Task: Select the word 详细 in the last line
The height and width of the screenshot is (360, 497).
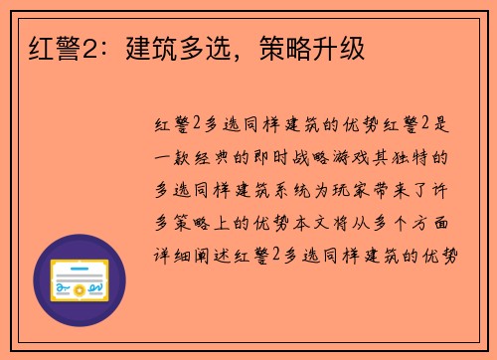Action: tap(180, 256)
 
